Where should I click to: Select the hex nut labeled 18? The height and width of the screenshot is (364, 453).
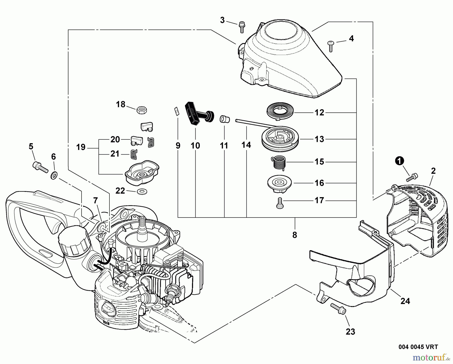(x=142, y=110)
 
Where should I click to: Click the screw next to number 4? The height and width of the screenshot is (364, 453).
(x=331, y=46)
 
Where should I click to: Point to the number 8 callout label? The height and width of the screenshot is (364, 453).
(x=295, y=235)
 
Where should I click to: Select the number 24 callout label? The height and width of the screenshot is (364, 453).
(x=405, y=301)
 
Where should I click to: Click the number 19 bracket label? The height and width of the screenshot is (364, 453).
(x=81, y=147)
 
